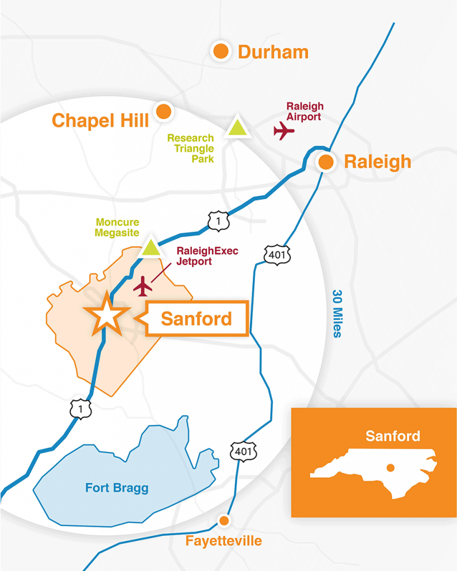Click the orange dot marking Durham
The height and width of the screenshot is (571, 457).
pos(221,51)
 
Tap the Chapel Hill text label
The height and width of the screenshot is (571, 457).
pos(100,120)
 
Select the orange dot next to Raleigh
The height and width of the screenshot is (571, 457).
pos(326,162)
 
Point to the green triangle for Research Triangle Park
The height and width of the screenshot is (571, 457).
pos(237,128)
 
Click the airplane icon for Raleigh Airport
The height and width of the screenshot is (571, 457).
pos(284,131)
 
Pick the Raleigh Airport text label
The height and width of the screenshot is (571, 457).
pos(304,112)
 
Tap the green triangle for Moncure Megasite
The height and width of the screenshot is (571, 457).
pos(151,247)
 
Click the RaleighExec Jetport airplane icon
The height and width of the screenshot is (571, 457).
pos(143,286)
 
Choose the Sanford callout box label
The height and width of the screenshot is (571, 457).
pos(196,319)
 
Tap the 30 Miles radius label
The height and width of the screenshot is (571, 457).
pos(337,313)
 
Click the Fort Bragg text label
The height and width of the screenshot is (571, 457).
pos(117,488)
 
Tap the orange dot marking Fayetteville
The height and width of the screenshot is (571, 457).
pos(224,520)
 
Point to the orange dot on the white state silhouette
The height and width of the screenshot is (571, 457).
pos(391,467)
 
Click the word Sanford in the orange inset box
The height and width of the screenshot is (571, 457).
pos(393,435)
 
